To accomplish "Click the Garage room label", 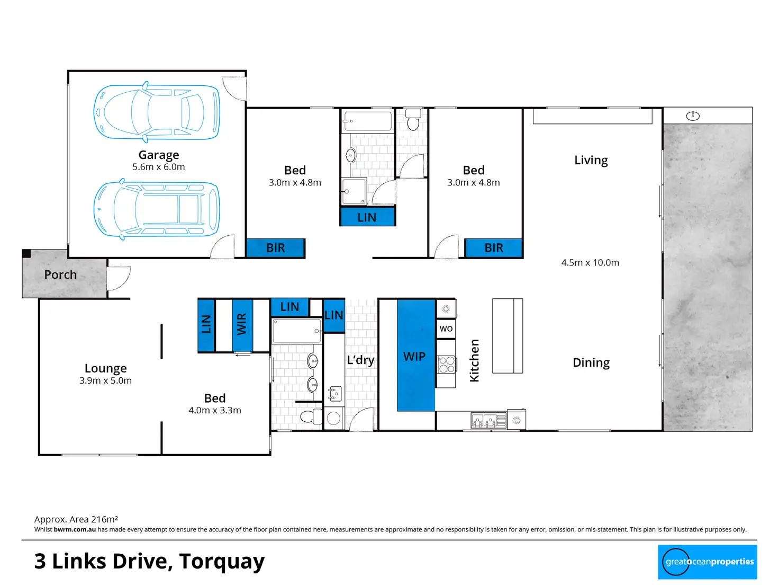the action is (x=158, y=155).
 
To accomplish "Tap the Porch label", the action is (x=60, y=274).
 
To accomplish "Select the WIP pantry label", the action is (x=414, y=356).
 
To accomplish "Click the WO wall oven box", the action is (x=446, y=329).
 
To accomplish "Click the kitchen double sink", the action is (x=488, y=421).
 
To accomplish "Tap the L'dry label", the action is (x=360, y=360).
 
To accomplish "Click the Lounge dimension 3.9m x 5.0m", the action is (x=105, y=380).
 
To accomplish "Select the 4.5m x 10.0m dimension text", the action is (x=590, y=262).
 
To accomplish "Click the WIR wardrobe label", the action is (x=241, y=324).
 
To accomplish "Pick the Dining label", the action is (x=591, y=362).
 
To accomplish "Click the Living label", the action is (x=591, y=160).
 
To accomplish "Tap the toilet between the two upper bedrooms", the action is (x=413, y=120).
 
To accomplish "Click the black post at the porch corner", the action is (x=26, y=253).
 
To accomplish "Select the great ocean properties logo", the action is (x=707, y=562).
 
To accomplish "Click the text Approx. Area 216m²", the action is (x=76, y=519).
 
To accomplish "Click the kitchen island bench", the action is (x=507, y=335).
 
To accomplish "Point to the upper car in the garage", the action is (x=157, y=112).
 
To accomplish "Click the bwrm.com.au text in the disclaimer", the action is (x=75, y=529).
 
